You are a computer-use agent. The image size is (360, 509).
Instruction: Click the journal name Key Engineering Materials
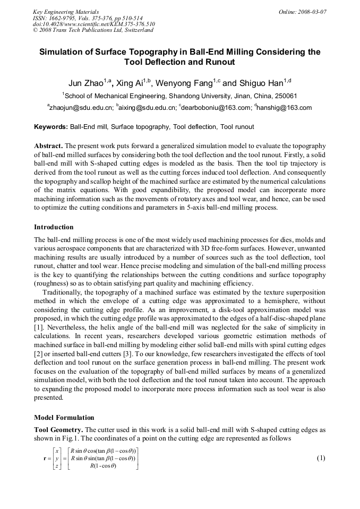pos(66,11)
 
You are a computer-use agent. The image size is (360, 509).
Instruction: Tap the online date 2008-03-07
pos(302,11)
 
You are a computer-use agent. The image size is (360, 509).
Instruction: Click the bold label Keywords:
pos(51,127)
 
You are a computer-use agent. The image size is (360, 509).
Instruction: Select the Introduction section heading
pos(54,227)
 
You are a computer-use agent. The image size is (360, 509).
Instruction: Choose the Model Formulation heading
pos(64,418)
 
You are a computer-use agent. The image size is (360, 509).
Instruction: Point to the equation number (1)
pos(320,458)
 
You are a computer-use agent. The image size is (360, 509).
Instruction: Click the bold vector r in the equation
pos(37,458)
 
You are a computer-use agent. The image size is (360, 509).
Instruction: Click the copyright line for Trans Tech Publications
pos(93,30)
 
